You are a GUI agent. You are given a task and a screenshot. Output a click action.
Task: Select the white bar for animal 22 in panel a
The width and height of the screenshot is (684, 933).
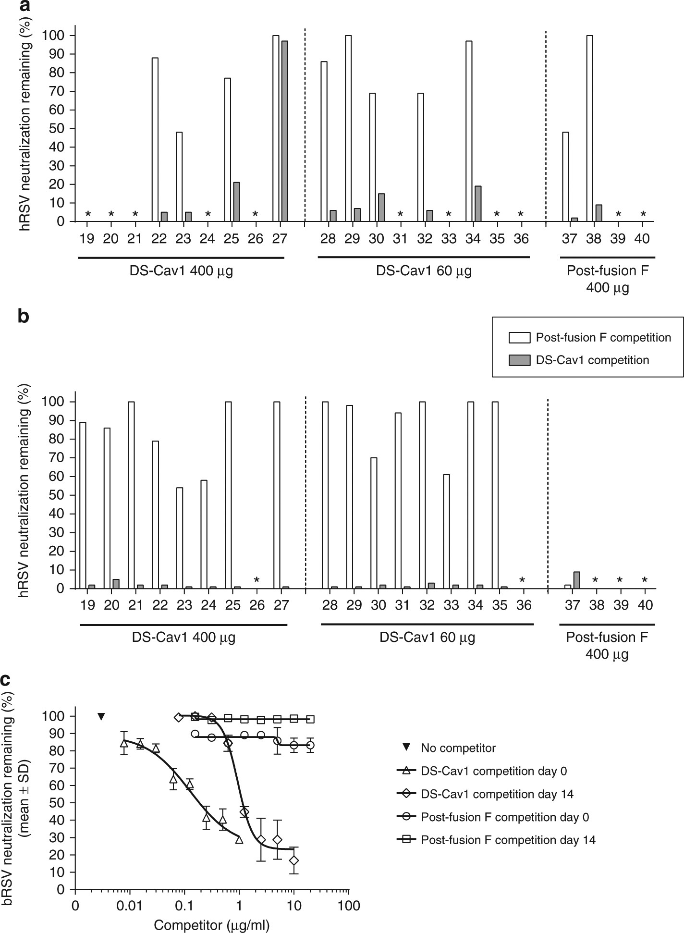click(x=155, y=139)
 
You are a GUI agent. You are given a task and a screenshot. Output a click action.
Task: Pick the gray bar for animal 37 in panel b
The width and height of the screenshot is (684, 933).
click(x=576, y=580)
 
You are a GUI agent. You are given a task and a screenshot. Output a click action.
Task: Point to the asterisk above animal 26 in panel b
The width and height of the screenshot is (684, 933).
click(x=257, y=580)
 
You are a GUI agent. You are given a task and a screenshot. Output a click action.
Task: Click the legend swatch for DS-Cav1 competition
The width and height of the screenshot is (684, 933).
click(x=519, y=360)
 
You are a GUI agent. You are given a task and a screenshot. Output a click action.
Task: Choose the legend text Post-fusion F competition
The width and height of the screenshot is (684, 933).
click(x=603, y=338)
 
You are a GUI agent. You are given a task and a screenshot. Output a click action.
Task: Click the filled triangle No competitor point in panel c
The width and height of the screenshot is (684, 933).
click(x=101, y=716)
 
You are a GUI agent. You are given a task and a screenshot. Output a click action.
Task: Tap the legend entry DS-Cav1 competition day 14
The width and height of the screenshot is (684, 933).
click(x=497, y=794)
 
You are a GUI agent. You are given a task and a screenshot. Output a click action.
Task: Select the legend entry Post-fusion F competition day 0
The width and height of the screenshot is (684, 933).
click(x=505, y=817)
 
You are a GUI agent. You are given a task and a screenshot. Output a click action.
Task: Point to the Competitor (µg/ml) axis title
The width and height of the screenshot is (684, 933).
click(x=212, y=924)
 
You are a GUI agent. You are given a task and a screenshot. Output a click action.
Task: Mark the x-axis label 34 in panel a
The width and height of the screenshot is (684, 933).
click(x=473, y=239)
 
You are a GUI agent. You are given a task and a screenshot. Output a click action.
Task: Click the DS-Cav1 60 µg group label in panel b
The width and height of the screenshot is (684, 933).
click(x=427, y=638)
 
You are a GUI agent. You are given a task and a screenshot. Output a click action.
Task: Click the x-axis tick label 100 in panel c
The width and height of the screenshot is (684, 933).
click(x=349, y=906)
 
